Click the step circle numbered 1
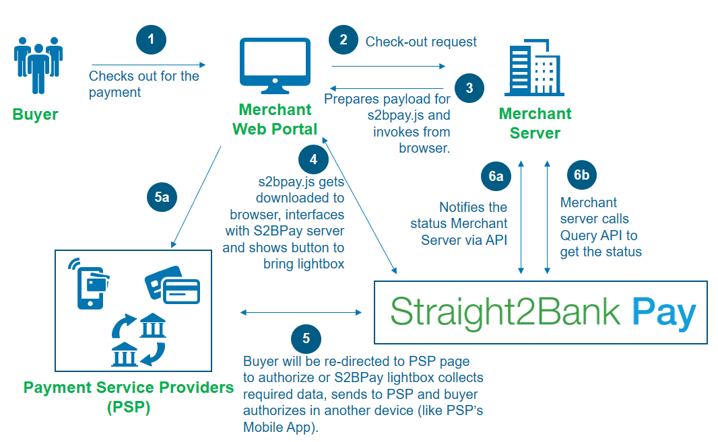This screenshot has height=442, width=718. tap(151, 40)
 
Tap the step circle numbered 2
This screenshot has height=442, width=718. tap(344, 40)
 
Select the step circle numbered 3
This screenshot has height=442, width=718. tap(469, 88)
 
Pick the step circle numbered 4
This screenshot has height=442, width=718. tap(313, 159)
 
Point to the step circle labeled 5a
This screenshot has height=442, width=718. tap(162, 197)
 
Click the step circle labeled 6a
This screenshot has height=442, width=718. tap(496, 176)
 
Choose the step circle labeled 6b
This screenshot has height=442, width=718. tap(582, 176)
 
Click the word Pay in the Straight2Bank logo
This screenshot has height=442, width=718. tap(663, 313)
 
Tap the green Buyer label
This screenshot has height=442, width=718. tap(35, 114)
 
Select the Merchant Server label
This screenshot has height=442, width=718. tap(535, 123)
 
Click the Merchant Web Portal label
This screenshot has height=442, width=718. tap(275, 119)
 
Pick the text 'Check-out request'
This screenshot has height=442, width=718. tap(421, 42)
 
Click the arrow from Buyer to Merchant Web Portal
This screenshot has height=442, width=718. tap(148, 66)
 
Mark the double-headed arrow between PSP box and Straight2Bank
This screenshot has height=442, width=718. tap(301, 312)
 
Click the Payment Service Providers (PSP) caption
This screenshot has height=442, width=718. tap(129, 397)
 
